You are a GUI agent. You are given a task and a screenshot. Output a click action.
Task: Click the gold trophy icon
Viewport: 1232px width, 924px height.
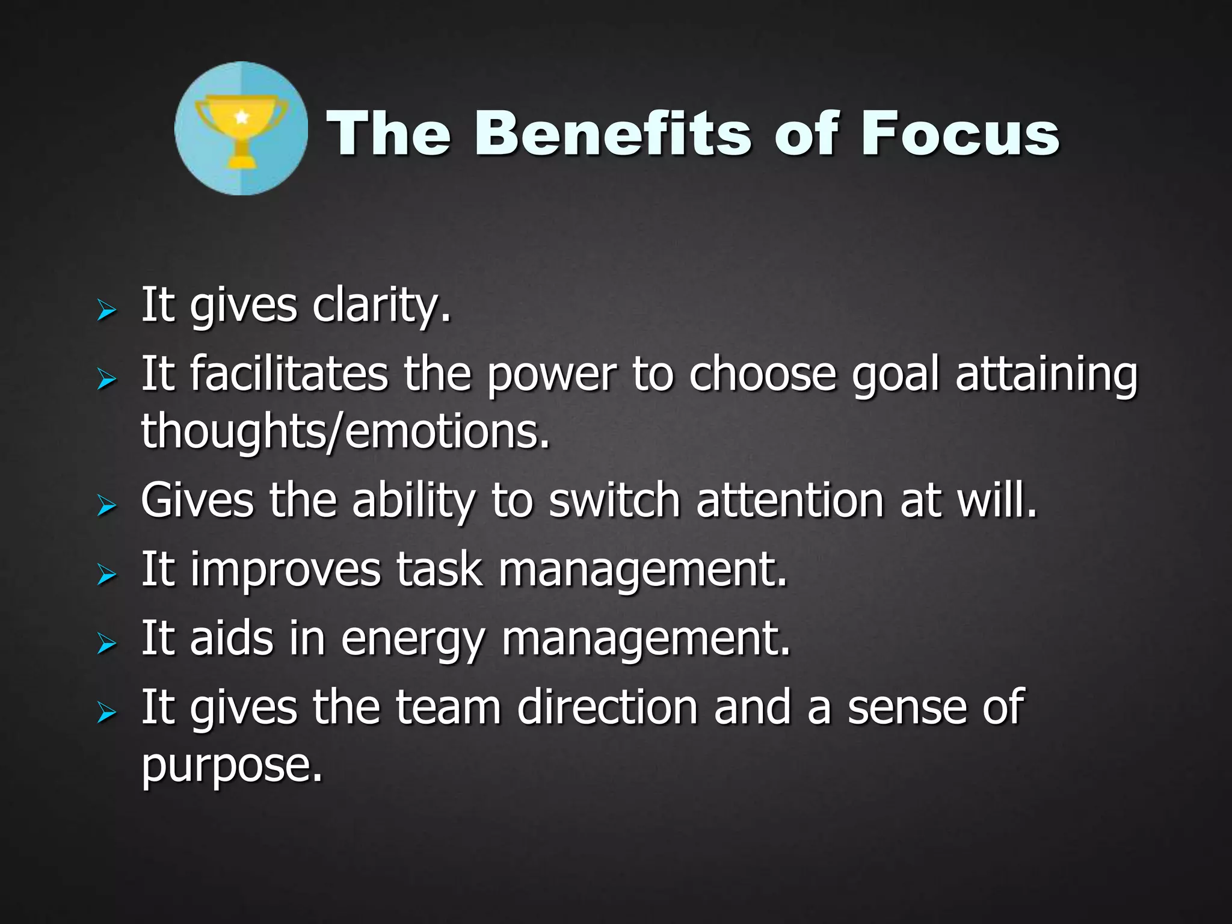pyautogui.click(x=241, y=129)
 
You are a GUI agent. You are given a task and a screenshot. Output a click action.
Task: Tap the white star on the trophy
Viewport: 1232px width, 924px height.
pyautogui.click(x=242, y=115)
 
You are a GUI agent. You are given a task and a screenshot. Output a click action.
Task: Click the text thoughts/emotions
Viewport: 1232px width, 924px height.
pyautogui.click(x=345, y=431)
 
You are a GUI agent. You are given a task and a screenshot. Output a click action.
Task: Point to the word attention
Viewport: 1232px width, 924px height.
pyautogui.click(x=790, y=500)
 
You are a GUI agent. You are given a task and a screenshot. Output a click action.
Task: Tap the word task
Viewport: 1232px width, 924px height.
pyautogui.click(x=440, y=569)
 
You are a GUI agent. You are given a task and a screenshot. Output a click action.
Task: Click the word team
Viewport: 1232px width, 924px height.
pyautogui.click(x=449, y=707)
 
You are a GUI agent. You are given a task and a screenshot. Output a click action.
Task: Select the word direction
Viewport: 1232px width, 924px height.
pyautogui.click(x=607, y=707)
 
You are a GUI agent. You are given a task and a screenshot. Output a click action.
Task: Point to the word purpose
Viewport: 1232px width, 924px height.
pyautogui.click(x=232, y=766)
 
